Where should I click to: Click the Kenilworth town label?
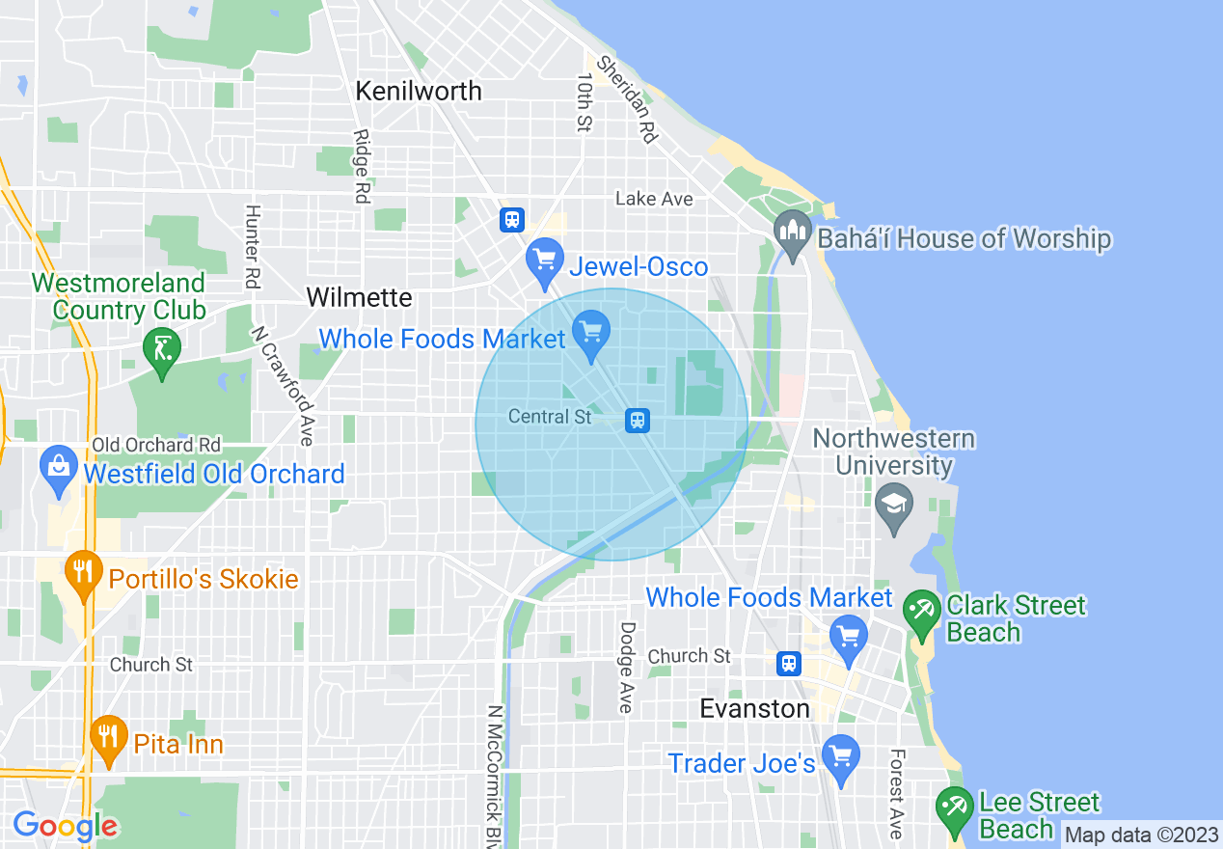click(x=418, y=91)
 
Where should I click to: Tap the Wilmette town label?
click(x=359, y=297)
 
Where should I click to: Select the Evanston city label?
click(x=754, y=709)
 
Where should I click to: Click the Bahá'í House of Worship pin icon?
click(x=793, y=235)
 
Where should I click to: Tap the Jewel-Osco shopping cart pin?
click(x=545, y=260)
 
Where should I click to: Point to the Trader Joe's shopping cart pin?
click(x=841, y=758)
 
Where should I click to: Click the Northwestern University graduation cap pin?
click(x=895, y=509)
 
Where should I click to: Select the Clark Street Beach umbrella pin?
click(x=922, y=613)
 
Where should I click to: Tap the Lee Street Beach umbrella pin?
click(x=955, y=810)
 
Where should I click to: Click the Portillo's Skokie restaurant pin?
click(x=84, y=573)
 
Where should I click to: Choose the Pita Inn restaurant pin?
click(x=108, y=739)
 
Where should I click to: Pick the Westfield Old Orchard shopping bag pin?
click(x=59, y=470)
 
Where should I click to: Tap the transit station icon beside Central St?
click(x=637, y=420)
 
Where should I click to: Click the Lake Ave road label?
click(x=654, y=199)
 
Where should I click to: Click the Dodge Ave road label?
click(x=627, y=668)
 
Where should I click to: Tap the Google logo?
click(x=65, y=826)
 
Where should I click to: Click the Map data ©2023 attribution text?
click(x=1140, y=835)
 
